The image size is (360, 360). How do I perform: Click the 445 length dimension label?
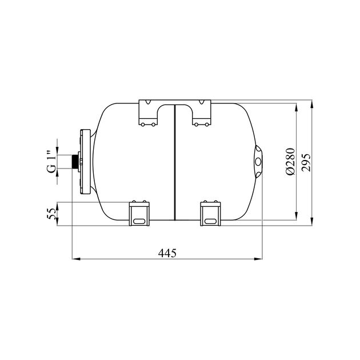(x=167, y=253)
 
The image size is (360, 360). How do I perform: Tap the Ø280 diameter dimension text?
(x=290, y=162)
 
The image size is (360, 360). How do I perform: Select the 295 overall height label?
(x=306, y=162)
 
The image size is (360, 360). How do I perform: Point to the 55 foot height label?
(x=51, y=214)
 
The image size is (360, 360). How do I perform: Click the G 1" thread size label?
(x=51, y=161)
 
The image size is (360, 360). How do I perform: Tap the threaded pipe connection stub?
(x=75, y=162)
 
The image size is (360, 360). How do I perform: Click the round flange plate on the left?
(x=85, y=162)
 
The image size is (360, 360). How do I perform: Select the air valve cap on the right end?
(x=258, y=162)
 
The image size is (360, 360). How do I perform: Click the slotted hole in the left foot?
(x=139, y=221)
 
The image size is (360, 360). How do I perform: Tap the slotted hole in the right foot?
(x=210, y=221)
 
